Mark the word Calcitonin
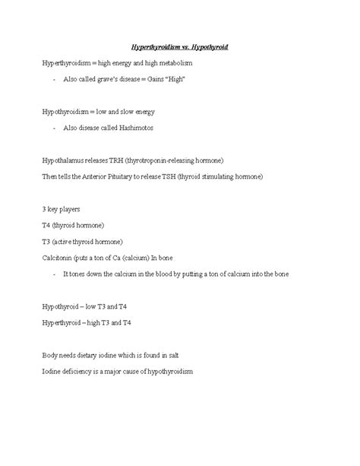point(59,258)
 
